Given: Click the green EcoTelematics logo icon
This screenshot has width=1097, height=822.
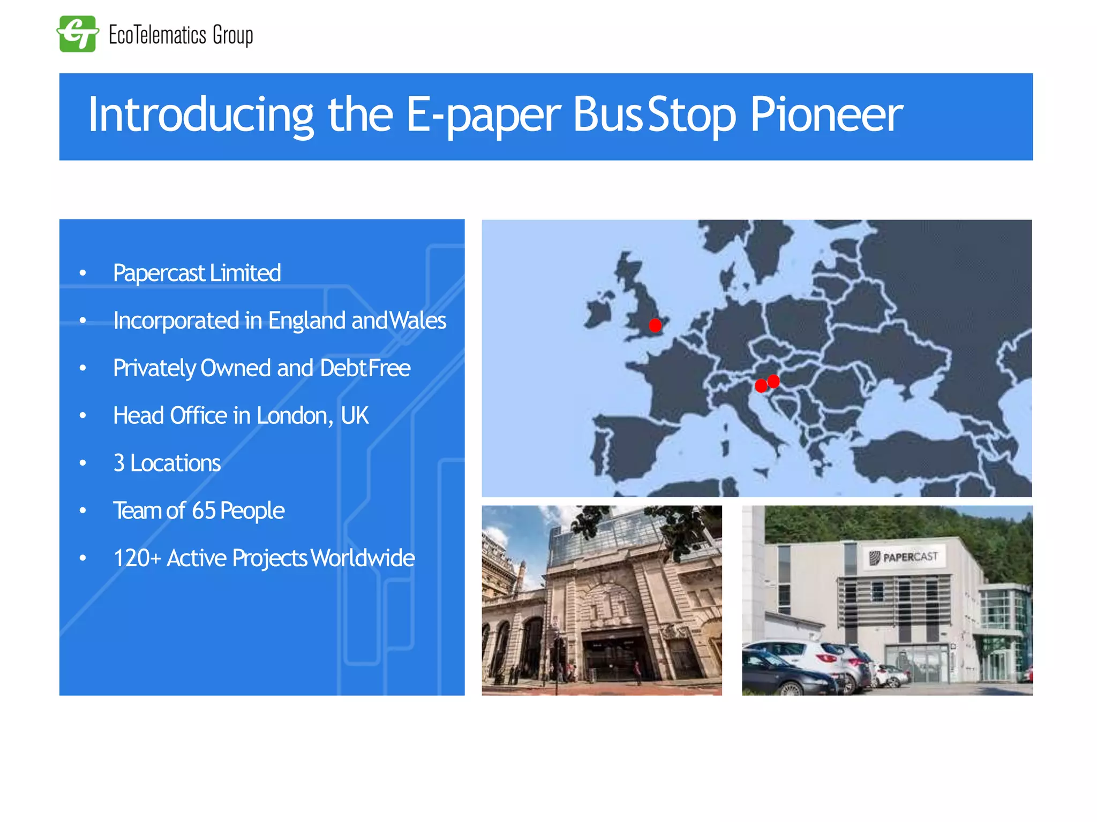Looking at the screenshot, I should (x=78, y=34).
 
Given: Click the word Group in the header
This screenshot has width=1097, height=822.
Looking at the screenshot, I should (x=232, y=35).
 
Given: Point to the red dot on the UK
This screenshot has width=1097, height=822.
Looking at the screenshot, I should (x=655, y=325).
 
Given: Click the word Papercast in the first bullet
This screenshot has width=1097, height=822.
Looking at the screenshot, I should (x=159, y=273).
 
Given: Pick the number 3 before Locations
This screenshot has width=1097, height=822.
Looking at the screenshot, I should (x=118, y=463).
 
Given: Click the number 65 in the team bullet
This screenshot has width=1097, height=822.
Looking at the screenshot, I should (x=204, y=511).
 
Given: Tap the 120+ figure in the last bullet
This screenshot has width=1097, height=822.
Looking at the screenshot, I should (x=137, y=558).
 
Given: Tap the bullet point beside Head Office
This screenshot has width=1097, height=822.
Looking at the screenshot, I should (x=82, y=416).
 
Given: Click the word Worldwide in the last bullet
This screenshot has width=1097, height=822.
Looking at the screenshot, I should (x=362, y=558).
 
